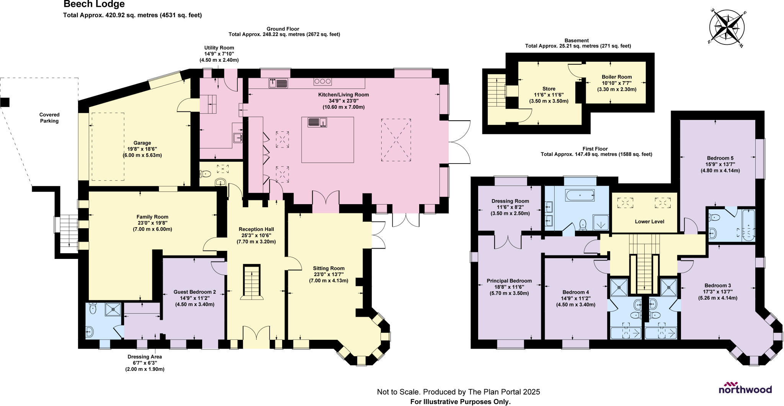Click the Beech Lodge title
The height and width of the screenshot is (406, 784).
point(94,4)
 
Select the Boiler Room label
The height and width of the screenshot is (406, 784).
point(616,77)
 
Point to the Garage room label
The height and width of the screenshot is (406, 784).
point(142,143)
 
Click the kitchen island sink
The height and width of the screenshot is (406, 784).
point(317,122)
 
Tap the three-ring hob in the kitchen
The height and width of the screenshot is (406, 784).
point(322,81)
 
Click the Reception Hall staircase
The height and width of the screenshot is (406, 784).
point(252,282)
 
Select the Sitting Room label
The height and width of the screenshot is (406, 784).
point(328,268)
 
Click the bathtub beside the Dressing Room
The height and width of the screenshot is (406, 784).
point(580,195)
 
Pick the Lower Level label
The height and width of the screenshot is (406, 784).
point(649,221)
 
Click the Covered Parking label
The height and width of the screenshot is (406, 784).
point(49,118)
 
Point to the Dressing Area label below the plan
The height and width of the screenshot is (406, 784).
point(145,357)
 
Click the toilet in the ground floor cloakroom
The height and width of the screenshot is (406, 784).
point(206,174)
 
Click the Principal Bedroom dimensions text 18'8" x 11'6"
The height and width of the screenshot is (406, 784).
point(509,287)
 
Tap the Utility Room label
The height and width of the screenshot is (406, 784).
point(219,48)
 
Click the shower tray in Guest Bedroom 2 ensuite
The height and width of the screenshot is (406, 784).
point(114,310)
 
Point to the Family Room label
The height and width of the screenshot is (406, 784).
point(152,217)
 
